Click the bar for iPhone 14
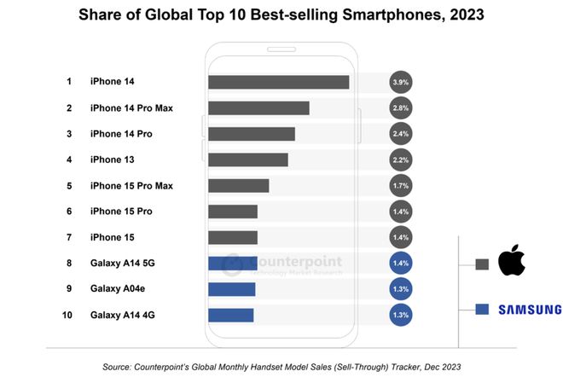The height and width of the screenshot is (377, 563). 278,82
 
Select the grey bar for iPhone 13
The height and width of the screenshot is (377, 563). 247,159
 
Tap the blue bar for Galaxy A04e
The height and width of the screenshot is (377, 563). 231,289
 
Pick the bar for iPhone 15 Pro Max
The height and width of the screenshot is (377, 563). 238,185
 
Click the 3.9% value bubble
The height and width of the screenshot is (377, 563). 400,83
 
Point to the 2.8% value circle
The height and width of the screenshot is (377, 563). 400,108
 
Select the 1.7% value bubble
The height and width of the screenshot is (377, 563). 400,185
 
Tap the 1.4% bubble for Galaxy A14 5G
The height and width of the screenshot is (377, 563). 400,264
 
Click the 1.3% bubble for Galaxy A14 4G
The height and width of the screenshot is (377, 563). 400,315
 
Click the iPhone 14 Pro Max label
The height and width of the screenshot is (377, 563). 131,108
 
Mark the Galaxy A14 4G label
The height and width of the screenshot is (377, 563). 123,315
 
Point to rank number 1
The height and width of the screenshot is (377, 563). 68,82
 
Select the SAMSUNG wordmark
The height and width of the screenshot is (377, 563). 530,309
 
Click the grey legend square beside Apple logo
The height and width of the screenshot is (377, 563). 482,264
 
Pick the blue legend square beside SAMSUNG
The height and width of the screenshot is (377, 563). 482,309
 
